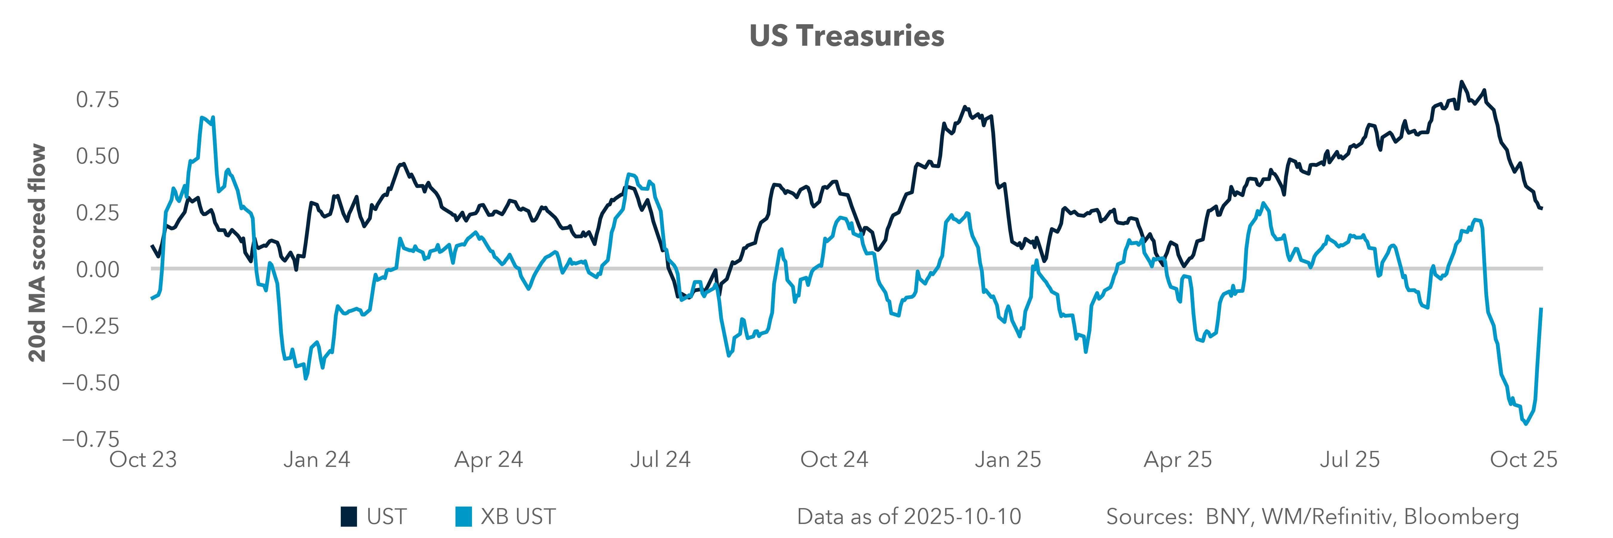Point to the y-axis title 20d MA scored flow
pos(38,253)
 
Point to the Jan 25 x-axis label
pos(1008,460)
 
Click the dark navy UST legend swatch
pos(349,517)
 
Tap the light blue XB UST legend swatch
pos(463,517)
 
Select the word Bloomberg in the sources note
pos(1462,517)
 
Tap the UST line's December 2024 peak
pos(964,107)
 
